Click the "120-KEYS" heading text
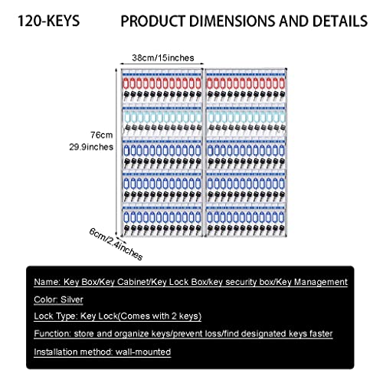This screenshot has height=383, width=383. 48,21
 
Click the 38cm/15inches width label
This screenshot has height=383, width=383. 163,58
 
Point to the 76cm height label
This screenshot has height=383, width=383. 101,135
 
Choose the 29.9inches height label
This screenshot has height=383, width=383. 91,147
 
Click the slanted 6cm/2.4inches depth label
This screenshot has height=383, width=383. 116,244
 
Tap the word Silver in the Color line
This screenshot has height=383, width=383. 72,300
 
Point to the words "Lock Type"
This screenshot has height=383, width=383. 55,316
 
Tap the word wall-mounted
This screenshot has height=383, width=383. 143,352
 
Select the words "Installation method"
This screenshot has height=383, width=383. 74,352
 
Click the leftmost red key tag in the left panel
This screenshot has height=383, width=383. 126,83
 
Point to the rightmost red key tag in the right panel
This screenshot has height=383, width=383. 282,83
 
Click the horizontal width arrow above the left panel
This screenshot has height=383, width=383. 162,64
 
